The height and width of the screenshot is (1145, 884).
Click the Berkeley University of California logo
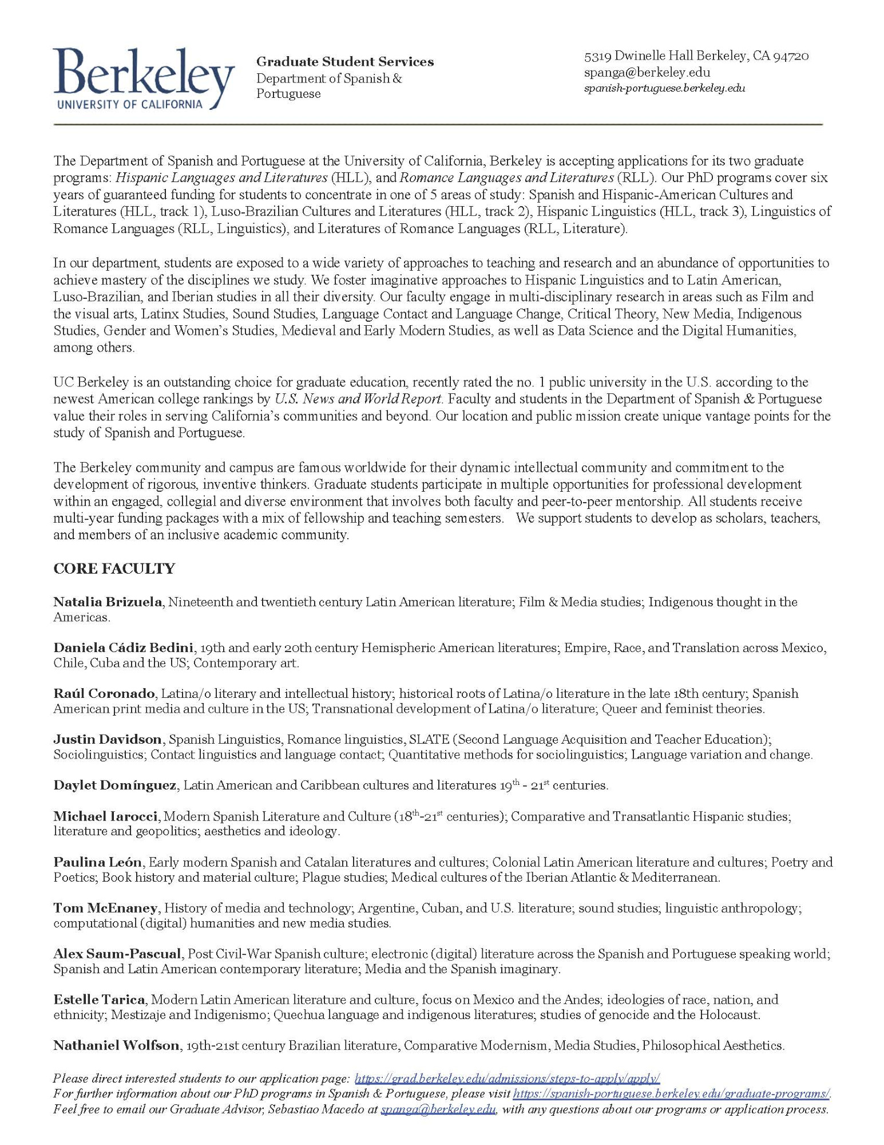point(144,79)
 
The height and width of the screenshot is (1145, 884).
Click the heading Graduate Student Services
point(344,62)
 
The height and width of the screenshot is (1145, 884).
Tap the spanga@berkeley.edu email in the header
point(647,73)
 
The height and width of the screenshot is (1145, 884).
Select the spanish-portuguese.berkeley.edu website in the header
point(664,88)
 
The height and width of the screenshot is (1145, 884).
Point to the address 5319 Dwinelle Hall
point(696,56)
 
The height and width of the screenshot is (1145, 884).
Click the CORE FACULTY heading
point(114,568)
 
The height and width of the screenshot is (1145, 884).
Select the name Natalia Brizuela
point(108,602)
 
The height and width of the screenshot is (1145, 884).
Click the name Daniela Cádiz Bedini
point(123,647)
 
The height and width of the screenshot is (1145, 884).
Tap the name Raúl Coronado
point(104,693)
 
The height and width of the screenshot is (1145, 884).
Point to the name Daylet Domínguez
point(114,785)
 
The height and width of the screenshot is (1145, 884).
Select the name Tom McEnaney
point(105,907)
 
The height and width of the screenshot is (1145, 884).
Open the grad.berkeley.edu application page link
point(507,1079)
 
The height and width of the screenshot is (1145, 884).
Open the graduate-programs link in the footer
point(671,1093)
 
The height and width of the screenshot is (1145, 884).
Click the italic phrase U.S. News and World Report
point(358,399)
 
